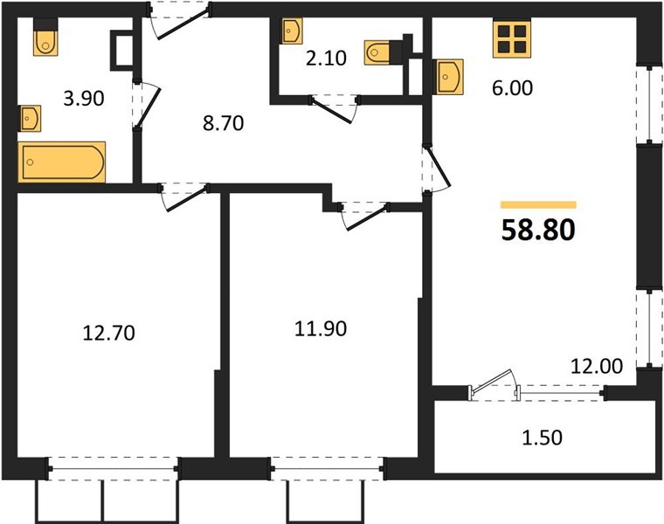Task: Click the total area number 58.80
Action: (x=538, y=231)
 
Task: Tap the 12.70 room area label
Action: (x=109, y=333)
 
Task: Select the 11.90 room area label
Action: (x=321, y=328)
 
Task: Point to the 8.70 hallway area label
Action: (x=223, y=123)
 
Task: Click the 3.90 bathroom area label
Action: (x=84, y=98)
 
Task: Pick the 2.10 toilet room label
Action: (x=326, y=58)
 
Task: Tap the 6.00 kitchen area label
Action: (x=512, y=88)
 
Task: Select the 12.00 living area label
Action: (x=597, y=366)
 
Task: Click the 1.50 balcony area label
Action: (x=542, y=438)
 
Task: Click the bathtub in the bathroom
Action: (x=62, y=162)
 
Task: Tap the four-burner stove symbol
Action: (x=512, y=39)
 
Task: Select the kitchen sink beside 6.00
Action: (x=447, y=77)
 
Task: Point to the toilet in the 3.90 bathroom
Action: (x=45, y=38)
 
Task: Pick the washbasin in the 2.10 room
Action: (x=292, y=31)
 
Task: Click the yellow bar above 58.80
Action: (x=538, y=205)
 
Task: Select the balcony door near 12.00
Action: (x=494, y=384)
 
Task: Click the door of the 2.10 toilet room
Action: (x=335, y=109)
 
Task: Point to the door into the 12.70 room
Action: (x=184, y=196)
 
